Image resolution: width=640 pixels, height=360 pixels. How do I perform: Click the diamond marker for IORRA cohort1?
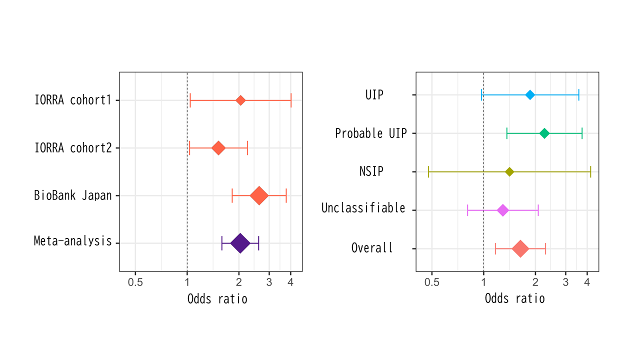(x=240, y=100)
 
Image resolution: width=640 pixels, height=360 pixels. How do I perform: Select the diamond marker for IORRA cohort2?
(x=218, y=148)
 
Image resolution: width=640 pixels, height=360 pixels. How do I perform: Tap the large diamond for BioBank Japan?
(x=259, y=195)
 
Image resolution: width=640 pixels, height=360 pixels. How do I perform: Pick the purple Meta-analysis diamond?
(x=240, y=243)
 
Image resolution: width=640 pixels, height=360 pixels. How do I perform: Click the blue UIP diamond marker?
(x=530, y=95)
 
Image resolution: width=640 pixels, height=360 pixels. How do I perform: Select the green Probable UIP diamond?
(x=544, y=133)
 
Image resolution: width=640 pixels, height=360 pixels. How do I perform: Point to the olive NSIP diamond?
(x=509, y=172)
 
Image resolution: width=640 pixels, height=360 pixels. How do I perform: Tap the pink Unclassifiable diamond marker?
(x=503, y=210)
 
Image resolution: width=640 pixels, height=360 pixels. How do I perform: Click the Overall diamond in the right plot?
(x=520, y=249)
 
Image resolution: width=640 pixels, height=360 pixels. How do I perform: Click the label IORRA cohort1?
(x=73, y=100)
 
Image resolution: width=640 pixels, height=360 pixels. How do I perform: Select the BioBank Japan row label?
(x=73, y=195)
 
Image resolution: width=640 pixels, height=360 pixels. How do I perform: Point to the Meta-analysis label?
(x=73, y=241)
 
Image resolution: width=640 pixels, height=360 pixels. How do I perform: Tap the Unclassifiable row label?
(x=363, y=208)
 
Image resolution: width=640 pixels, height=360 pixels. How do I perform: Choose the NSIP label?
(x=371, y=171)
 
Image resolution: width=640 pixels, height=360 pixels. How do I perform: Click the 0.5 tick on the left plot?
(x=135, y=282)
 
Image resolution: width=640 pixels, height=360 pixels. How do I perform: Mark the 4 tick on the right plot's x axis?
(x=587, y=282)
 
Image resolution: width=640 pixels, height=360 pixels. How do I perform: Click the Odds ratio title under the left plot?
(x=217, y=299)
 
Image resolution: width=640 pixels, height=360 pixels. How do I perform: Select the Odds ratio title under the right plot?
(x=514, y=298)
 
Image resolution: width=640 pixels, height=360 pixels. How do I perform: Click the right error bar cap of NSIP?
(x=590, y=172)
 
